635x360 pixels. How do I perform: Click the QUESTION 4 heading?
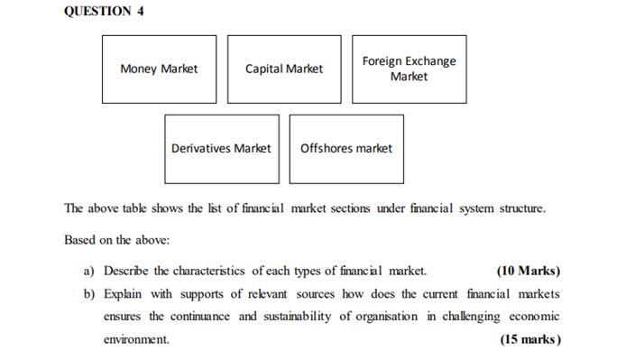pyautogui.click(x=104, y=11)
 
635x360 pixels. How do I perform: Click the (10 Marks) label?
pyautogui.click(x=529, y=271)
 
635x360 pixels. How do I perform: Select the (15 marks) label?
pyautogui.click(x=530, y=339)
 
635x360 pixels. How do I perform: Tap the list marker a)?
pyautogui.click(x=89, y=271)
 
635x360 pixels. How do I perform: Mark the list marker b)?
pyautogui.click(x=89, y=293)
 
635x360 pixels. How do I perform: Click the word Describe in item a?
pyautogui.click(x=126, y=271)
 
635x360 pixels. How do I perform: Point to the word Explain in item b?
pyautogui.click(x=123, y=294)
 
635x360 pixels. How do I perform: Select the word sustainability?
pyautogui.click(x=298, y=317)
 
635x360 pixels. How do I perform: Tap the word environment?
pyautogui.click(x=136, y=339)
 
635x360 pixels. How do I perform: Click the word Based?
pyautogui.click(x=79, y=240)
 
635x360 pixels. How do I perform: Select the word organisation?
pyautogui.click(x=386, y=317)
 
